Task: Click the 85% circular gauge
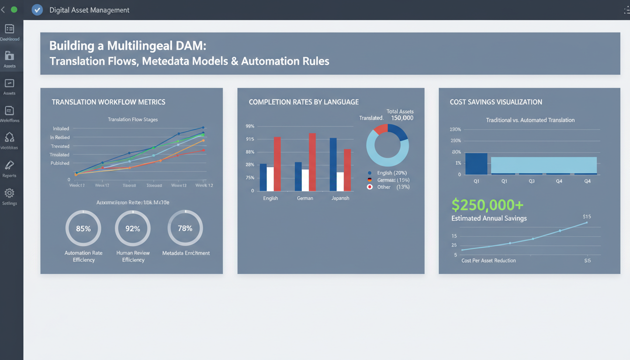(x=83, y=228)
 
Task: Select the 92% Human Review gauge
(x=133, y=228)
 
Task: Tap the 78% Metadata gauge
(x=185, y=228)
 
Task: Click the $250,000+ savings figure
(x=487, y=205)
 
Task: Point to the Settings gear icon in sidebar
(x=9, y=193)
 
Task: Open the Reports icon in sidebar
(x=9, y=165)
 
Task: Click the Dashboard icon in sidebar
(x=9, y=29)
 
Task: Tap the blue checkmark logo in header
(x=37, y=10)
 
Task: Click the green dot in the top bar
(x=14, y=9)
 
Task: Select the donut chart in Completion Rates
(x=387, y=145)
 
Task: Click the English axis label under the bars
(x=270, y=198)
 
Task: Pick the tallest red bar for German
(x=312, y=162)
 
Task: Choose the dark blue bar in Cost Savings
(x=476, y=164)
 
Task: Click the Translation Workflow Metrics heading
(x=108, y=102)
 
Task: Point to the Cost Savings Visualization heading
(x=496, y=102)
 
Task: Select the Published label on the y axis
(x=60, y=163)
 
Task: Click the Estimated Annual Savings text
(x=489, y=218)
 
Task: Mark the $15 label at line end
(x=586, y=217)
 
